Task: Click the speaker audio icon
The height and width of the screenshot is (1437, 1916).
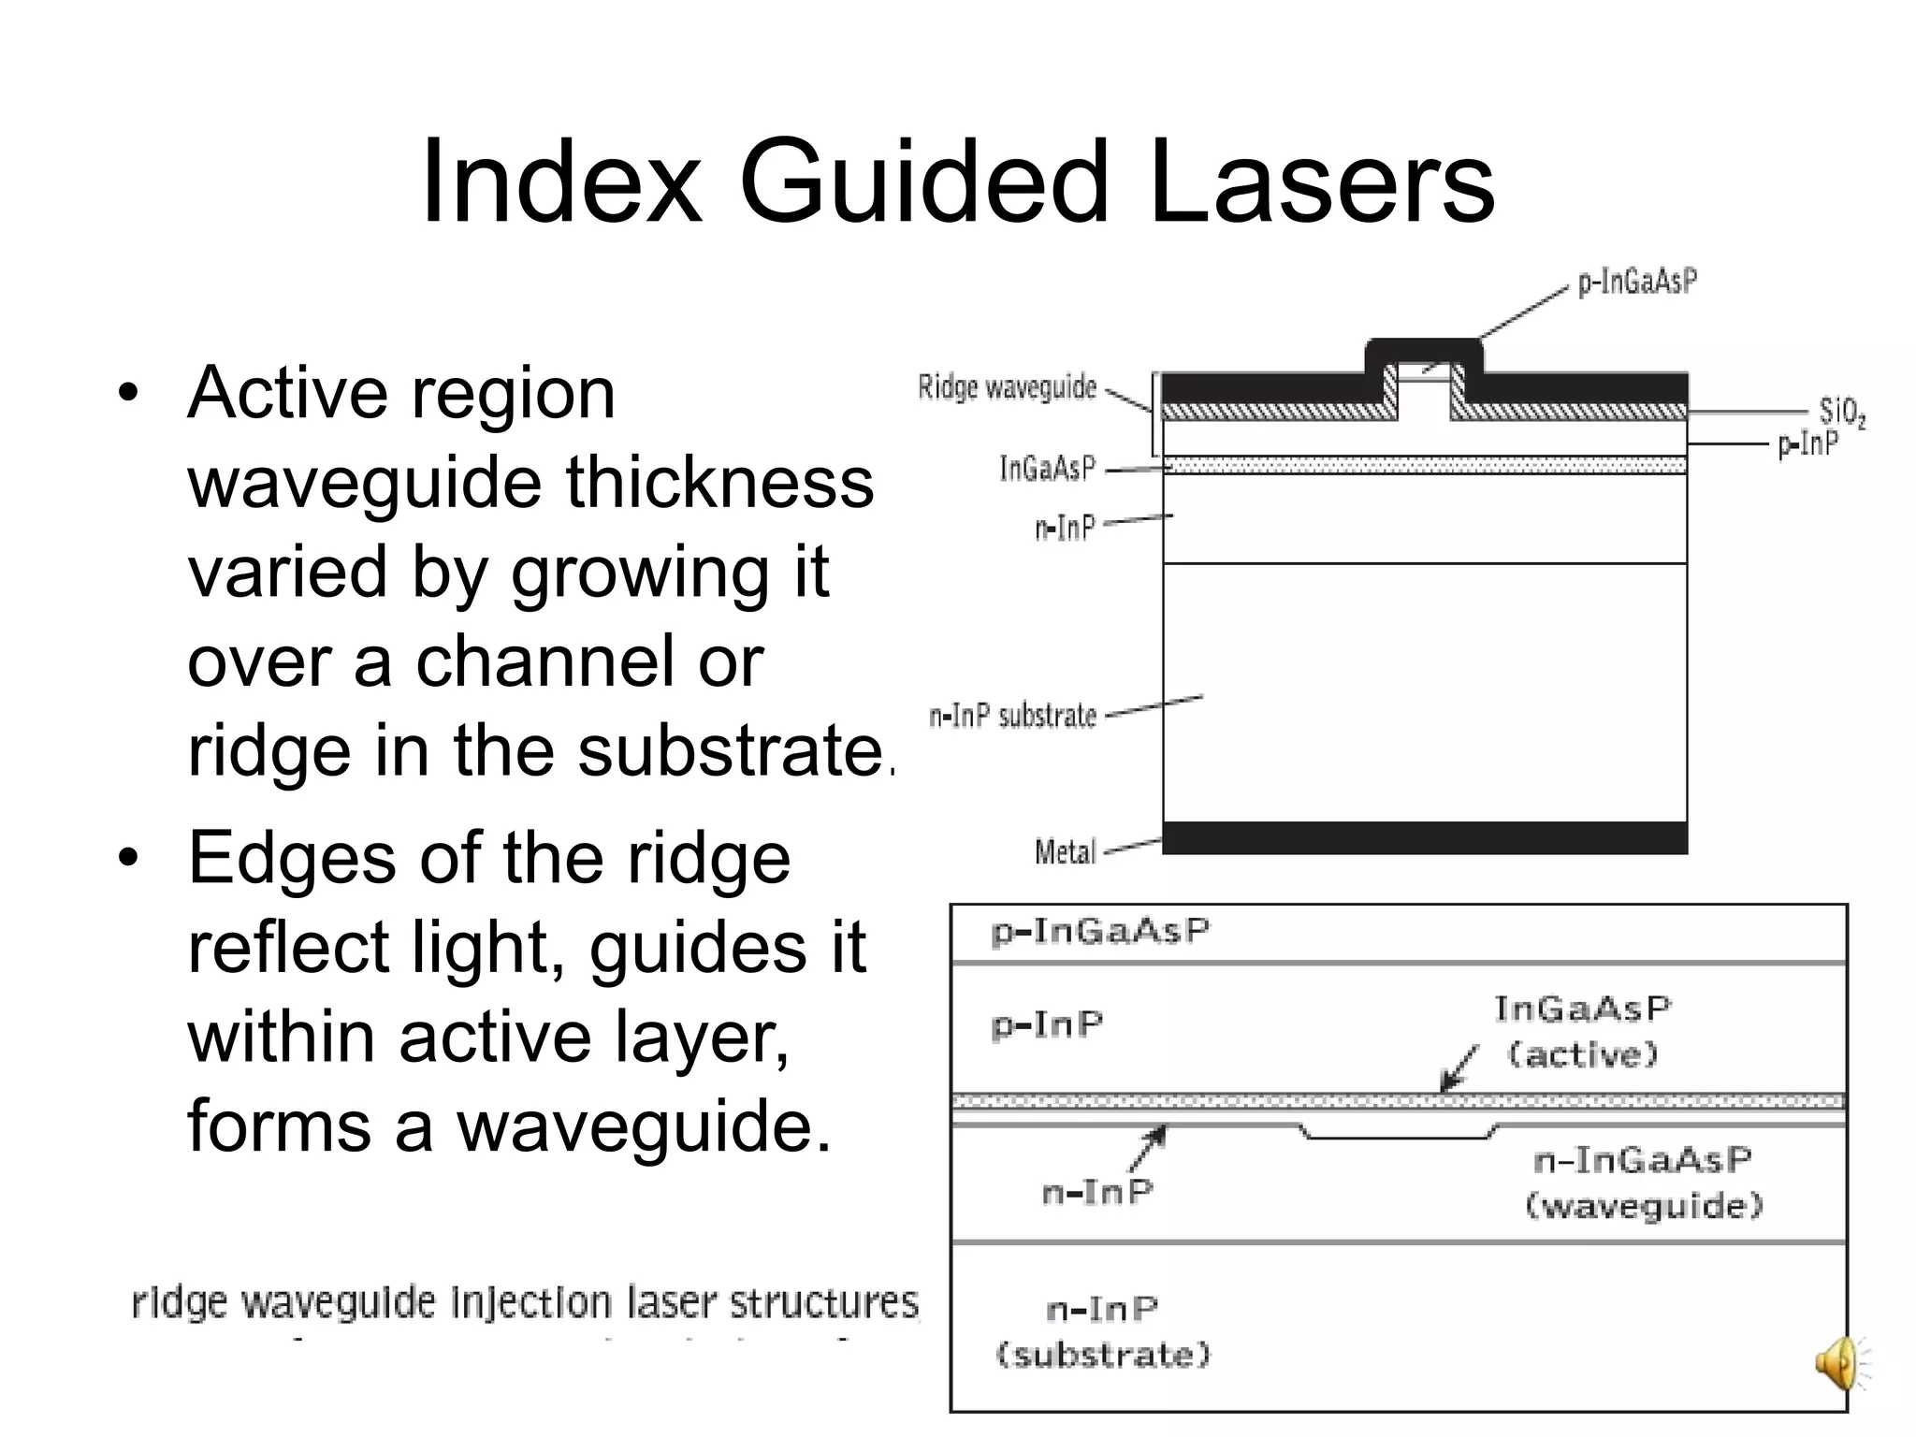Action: click(x=1839, y=1363)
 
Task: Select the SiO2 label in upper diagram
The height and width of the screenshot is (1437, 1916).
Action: click(x=1842, y=412)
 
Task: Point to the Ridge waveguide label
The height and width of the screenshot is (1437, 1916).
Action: click(x=1007, y=386)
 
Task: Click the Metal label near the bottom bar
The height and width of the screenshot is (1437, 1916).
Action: click(x=1065, y=851)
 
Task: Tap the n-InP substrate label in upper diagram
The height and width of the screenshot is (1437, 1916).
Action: click(x=1012, y=716)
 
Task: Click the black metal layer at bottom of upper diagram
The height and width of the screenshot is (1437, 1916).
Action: click(x=1424, y=837)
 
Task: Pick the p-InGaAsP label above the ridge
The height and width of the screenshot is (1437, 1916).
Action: click(x=1637, y=282)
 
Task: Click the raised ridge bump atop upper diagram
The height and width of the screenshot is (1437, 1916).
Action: click(x=1424, y=353)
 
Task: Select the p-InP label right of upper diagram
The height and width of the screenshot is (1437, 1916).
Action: click(x=1807, y=444)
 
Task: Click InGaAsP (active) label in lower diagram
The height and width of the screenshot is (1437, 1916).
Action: click(x=1582, y=1031)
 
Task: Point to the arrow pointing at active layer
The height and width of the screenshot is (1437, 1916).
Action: click(x=1459, y=1067)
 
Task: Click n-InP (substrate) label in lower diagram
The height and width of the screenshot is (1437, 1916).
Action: click(x=1103, y=1331)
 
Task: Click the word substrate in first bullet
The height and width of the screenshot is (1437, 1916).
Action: click(x=730, y=750)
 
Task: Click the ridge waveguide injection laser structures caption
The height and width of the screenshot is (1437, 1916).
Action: click(x=525, y=1302)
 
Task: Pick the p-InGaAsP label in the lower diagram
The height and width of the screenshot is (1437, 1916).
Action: click(x=1100, y=931)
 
